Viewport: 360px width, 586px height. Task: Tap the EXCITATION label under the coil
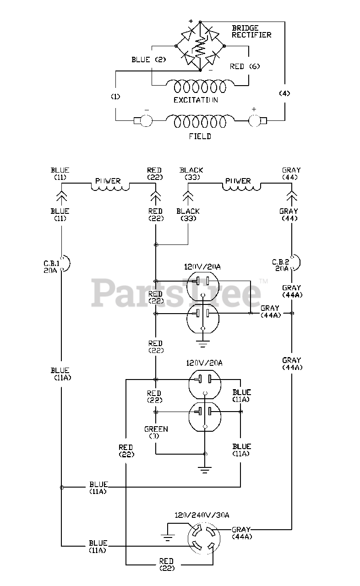coord(195,100)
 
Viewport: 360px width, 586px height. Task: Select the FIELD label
coord(200,136)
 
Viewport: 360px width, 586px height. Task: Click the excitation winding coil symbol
coord(196,86)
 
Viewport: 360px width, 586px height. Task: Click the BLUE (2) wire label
coord(148,60)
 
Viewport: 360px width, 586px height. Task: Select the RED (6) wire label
coord(245,66)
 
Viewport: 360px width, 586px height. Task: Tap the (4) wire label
coord(284,93)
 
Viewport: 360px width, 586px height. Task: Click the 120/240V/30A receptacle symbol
coord(203,541)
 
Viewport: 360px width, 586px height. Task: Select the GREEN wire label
coord(156,433)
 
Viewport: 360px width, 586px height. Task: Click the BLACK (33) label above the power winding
coord(191,174)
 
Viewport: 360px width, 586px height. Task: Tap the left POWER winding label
coord(109,181)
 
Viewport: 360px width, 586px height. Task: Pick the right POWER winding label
coord(238,181)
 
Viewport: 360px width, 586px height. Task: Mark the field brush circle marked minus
coord(147,121)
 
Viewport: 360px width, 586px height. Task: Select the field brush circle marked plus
coord(254,121)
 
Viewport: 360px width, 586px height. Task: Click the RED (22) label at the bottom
coord(166,564)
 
